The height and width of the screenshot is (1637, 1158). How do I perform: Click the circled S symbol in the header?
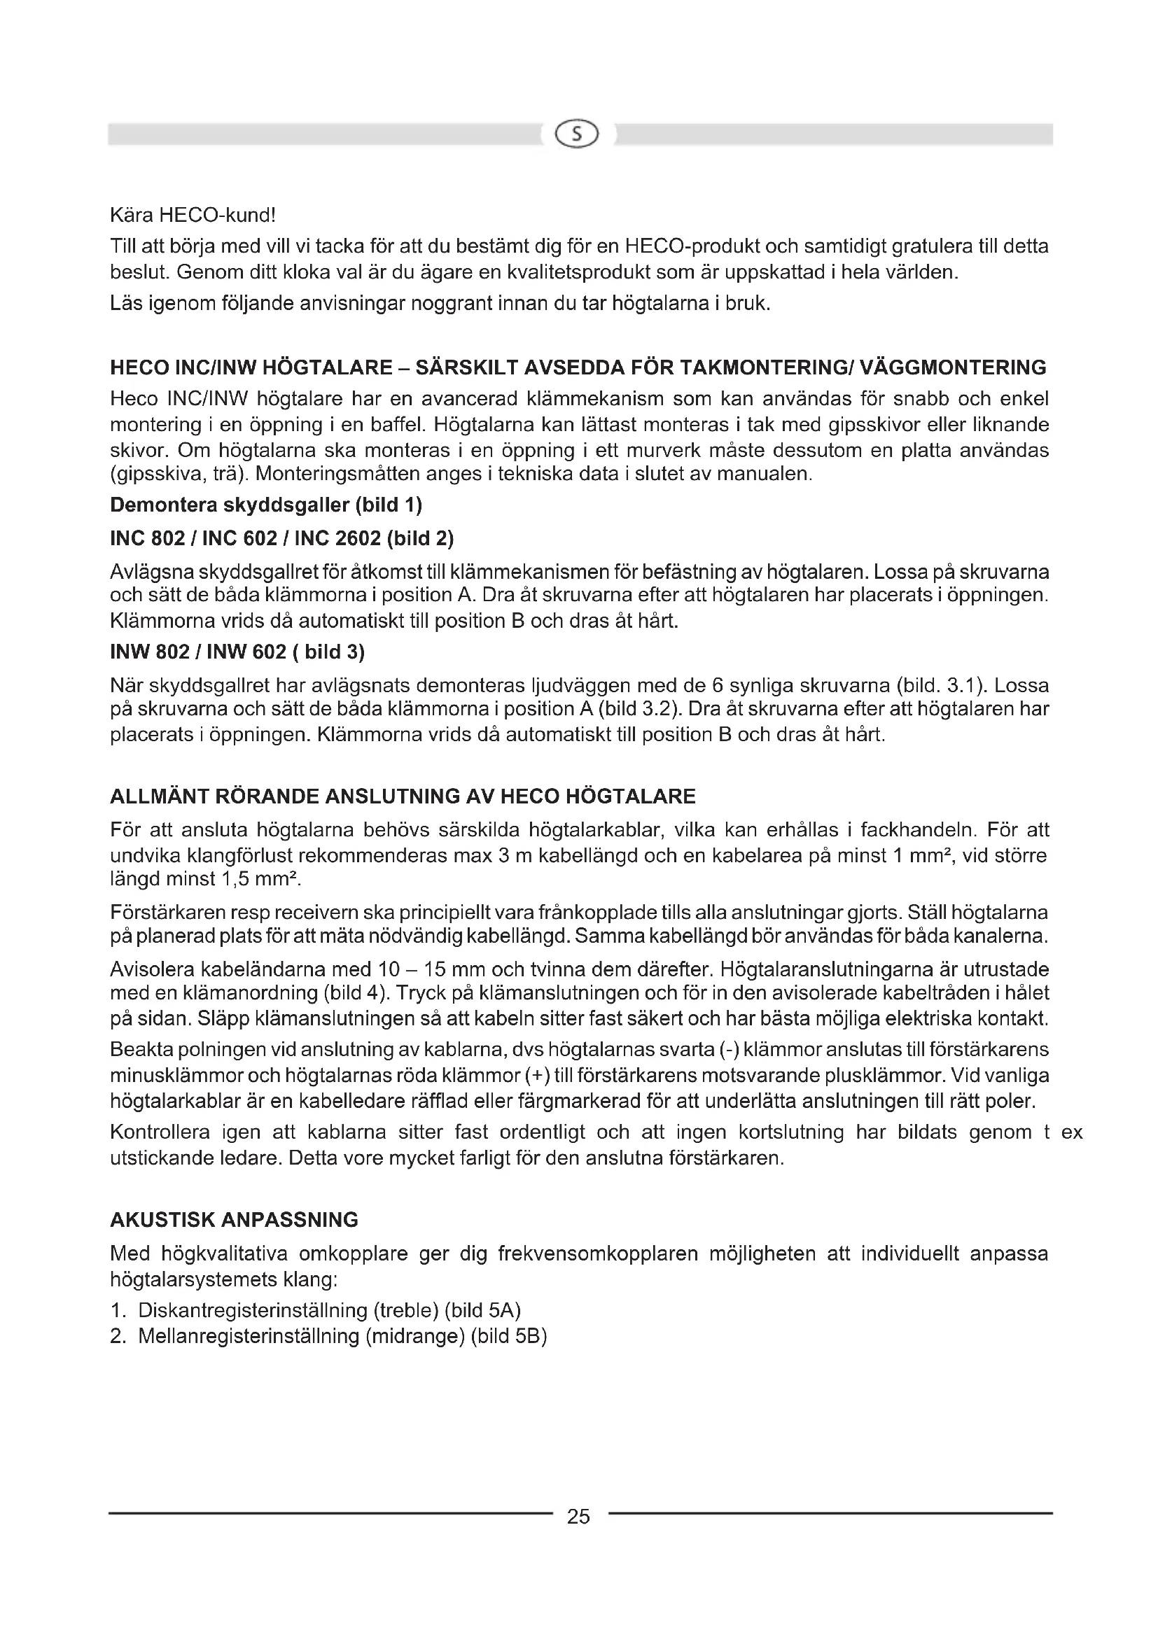tap(578, 134)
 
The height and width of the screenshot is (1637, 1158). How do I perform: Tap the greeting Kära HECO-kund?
tap(193, 215)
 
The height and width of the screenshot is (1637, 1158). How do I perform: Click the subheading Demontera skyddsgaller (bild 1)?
tap(266, 505)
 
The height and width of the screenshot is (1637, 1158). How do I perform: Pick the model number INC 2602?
tap(337, 538)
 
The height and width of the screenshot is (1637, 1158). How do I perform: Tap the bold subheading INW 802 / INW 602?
tap(198, 652)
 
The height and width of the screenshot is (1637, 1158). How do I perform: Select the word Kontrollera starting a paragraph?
tap(160, 1132)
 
